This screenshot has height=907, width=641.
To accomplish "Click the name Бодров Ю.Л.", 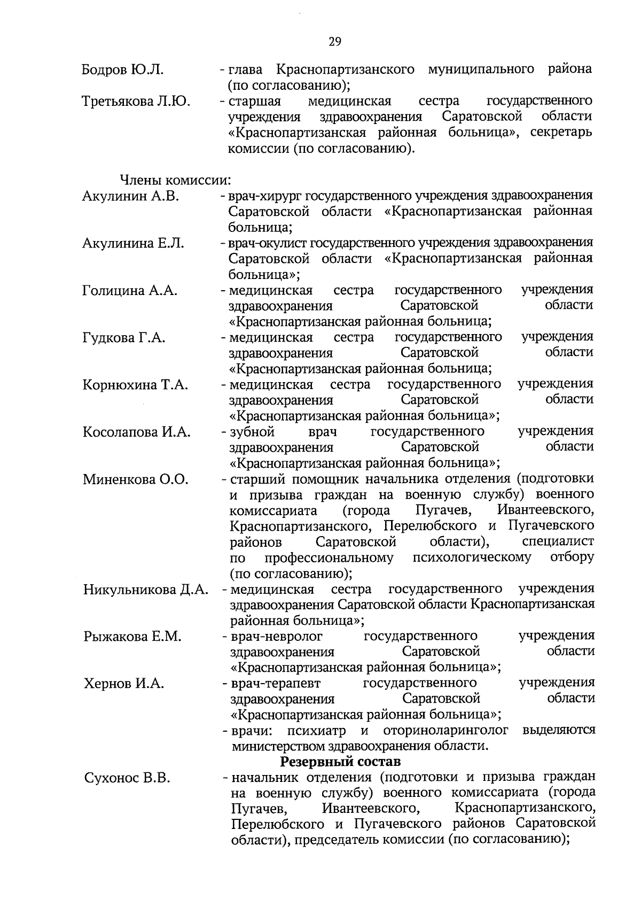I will (122, 70).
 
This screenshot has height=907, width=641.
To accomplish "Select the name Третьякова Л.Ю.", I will (136, 102).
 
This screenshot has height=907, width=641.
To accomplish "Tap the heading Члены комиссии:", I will (175, 181).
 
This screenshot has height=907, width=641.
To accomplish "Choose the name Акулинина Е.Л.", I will (133, 244).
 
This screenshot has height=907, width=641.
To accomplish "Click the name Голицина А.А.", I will (130, 291).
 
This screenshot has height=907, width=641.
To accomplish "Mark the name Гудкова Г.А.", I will (124, 338).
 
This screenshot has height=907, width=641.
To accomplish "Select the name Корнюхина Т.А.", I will (135, 385).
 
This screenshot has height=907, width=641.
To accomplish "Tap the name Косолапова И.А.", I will (136, 432).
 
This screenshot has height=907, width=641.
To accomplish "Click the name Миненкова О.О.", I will (136, 479).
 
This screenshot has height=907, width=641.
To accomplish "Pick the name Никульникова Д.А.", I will (145, 590).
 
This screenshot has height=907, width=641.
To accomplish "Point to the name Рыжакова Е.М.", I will (132, 637).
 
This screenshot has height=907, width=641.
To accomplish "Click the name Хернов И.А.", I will (124, 684).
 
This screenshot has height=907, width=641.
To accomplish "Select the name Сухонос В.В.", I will (127, 778).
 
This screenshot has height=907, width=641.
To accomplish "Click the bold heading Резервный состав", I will (340, 761).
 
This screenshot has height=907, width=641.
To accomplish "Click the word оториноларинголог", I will (445, 730).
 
